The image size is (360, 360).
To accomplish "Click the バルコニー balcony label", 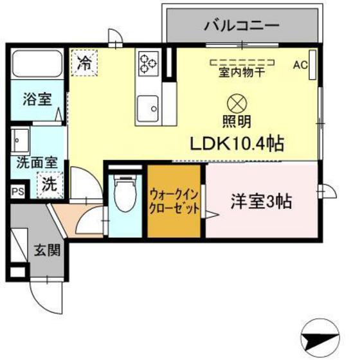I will (x=241, y=26).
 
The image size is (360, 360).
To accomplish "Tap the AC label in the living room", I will (x=300, y=64).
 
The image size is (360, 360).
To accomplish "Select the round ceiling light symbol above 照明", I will (x=237, y=102).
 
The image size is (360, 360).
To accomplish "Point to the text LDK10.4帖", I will (x=237, y=143).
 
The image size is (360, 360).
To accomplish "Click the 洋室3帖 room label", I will (x=262, y=201).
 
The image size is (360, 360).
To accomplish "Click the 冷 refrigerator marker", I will (x=84, y=64).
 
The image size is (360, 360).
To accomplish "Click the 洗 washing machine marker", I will (x=50, y=183).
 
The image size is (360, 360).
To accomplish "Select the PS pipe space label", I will (x=17, y=191).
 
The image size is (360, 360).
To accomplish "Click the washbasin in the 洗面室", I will (x=21, y=139).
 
